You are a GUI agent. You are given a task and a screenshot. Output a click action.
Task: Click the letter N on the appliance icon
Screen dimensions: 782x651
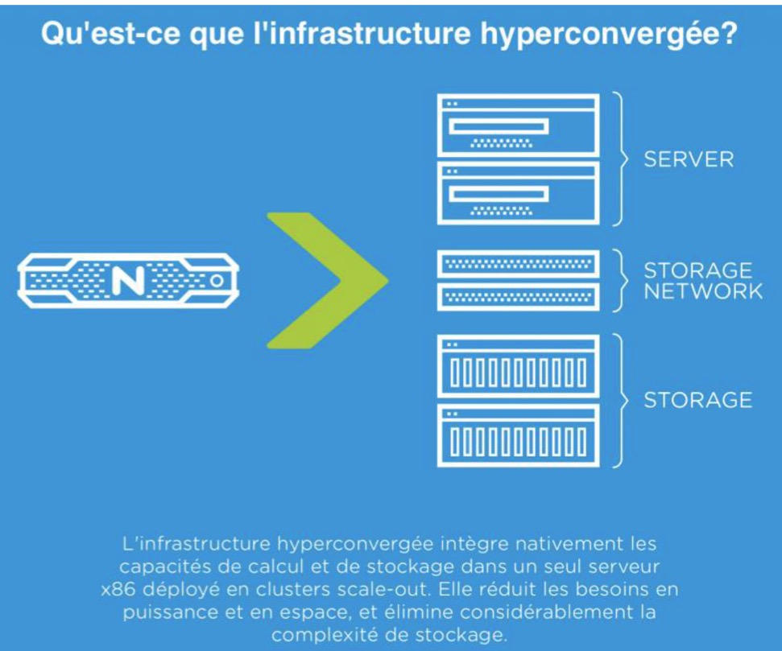point(128,280)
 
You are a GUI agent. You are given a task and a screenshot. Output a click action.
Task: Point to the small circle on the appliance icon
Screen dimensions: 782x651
point(217,281)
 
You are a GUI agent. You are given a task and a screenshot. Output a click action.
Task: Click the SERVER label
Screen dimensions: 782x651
point(689,159)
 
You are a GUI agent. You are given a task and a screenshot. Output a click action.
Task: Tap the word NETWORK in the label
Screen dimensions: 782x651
point(703,290)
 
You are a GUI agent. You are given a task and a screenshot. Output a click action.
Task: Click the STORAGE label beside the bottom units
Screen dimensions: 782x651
point(697,400)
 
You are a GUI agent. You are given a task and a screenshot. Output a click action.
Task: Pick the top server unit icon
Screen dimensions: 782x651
point(518,126)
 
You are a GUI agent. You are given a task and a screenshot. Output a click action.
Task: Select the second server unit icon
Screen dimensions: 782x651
point(518,193)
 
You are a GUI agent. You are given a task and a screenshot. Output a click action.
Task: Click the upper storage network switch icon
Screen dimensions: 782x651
point(518,264)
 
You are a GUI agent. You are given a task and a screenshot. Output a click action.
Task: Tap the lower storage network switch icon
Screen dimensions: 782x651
point(518,298)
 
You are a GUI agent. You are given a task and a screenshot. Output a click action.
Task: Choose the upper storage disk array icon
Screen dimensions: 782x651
point(518,366)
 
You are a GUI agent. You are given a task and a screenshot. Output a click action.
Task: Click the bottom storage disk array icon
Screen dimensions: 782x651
point(518,435)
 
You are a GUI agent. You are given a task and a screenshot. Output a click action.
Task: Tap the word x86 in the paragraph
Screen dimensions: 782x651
point(118,590)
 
